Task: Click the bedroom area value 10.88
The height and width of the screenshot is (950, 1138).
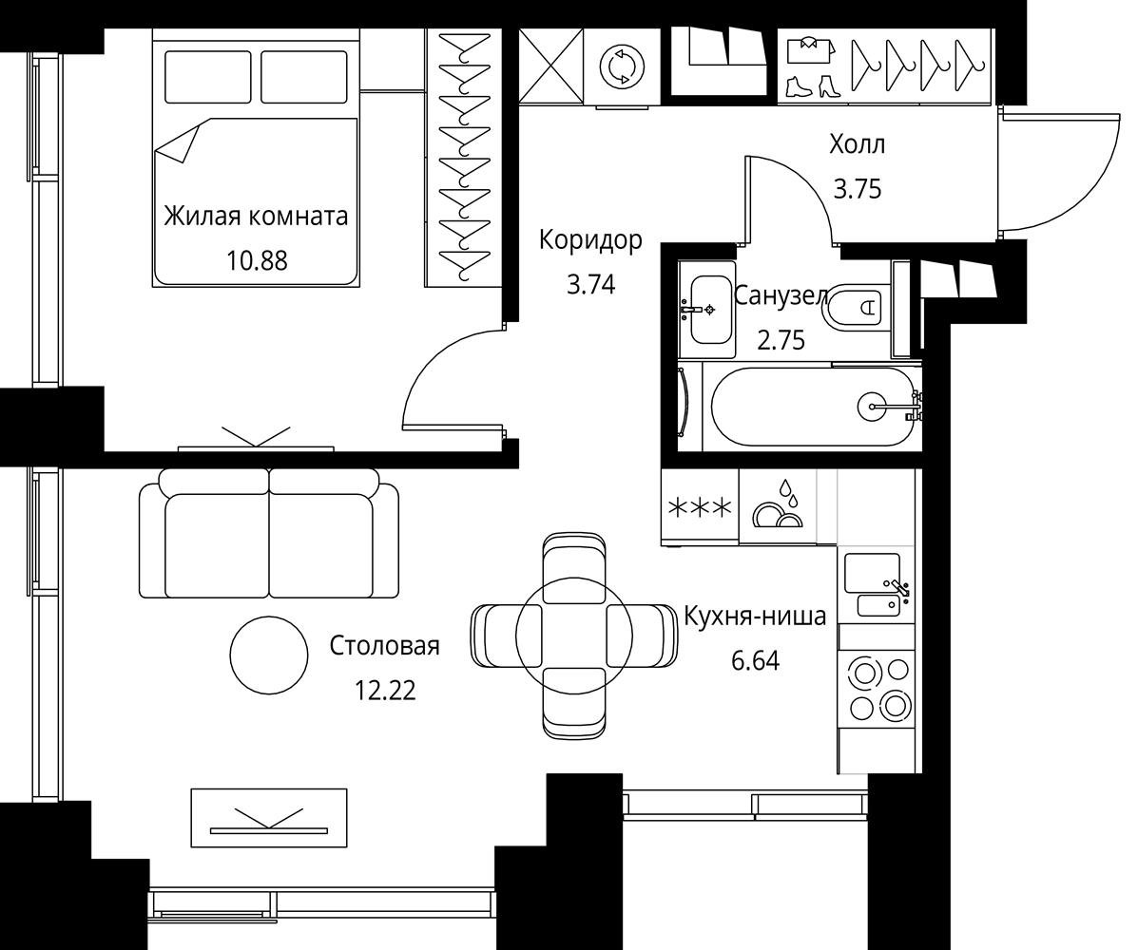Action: tap(257, 259)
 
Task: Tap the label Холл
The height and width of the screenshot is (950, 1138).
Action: tap(858, 145)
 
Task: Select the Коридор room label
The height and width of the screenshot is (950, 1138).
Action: tap(590, 240)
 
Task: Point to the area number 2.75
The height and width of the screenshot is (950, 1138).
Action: tap(781, 340)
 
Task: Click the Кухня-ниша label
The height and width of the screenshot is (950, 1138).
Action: tap(756, 617)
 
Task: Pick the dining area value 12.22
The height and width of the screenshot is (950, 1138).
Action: tap(385, 691)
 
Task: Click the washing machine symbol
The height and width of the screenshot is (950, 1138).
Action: tap(622, 66)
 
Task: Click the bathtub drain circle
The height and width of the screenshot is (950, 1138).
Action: tap(871, 407)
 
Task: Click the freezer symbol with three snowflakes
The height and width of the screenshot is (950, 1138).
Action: tap(700, 507)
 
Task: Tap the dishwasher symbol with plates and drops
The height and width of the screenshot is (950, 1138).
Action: tap(778, 504)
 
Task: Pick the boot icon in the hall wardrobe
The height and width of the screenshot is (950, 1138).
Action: tap(800, 86)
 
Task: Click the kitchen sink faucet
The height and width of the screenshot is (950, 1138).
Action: tap(897, 587)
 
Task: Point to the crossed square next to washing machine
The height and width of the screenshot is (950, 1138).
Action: tap(551, 66)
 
